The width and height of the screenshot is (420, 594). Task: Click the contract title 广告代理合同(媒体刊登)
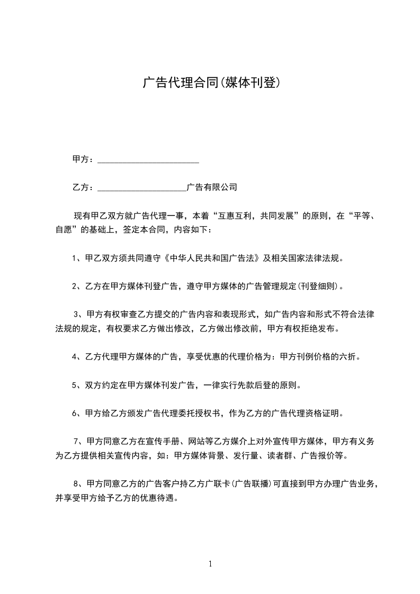[210, 83]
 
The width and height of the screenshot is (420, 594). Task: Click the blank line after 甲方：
[149, 159]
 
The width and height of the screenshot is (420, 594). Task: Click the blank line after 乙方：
[142, 187]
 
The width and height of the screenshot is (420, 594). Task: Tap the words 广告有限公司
[212, 187]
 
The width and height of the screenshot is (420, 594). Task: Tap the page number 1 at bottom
[210, 564]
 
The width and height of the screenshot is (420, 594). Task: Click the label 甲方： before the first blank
[84, 159]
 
